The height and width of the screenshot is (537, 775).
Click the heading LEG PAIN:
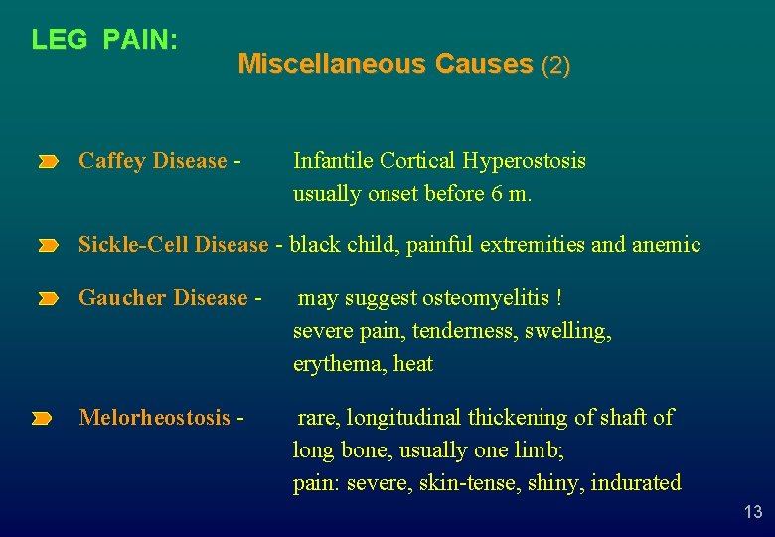(x=104, y=40)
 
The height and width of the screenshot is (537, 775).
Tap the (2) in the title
(x=555, y=66)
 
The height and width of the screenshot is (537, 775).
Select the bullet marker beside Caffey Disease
(x=49, y=161)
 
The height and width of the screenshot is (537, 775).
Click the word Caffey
(x=111, y=161)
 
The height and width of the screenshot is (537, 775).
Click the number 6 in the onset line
(x=496, y=194)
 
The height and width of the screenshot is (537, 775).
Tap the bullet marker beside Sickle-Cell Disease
(x=49, y=245)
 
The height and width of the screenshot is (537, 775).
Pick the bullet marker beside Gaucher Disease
(x=49, y=298)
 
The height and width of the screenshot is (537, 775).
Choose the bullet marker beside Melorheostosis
(x=41, y=419)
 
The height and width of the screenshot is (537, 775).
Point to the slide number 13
(x=753, y=512)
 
